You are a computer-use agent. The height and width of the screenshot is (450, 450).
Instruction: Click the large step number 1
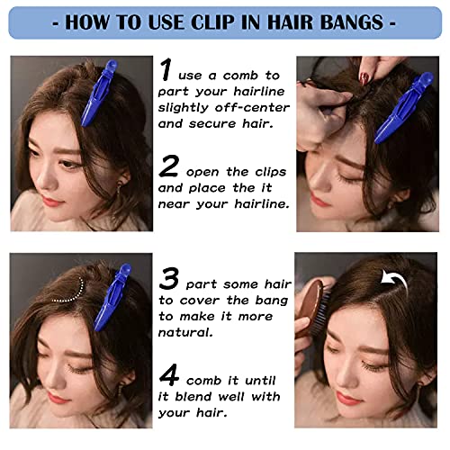(x=166, y=69)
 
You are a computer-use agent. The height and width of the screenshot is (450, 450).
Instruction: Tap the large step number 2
(x=169, y=166)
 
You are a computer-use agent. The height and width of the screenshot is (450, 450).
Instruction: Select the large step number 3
(x=169, y=279)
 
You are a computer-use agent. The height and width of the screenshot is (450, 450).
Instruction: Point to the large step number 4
(x=169, y=374)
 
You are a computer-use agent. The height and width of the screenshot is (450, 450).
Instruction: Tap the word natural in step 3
(x=185, y=332)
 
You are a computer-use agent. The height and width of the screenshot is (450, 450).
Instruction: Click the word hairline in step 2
(x=262, y=204)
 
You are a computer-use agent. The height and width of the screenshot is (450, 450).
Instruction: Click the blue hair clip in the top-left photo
(x=98, y=93)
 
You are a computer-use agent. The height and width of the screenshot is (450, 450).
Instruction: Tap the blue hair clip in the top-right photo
(x=404, y=108)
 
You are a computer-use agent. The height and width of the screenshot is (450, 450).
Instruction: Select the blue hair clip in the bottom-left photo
(x=112, y=297)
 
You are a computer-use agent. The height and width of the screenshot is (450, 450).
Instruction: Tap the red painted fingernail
(x=364, y=77)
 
